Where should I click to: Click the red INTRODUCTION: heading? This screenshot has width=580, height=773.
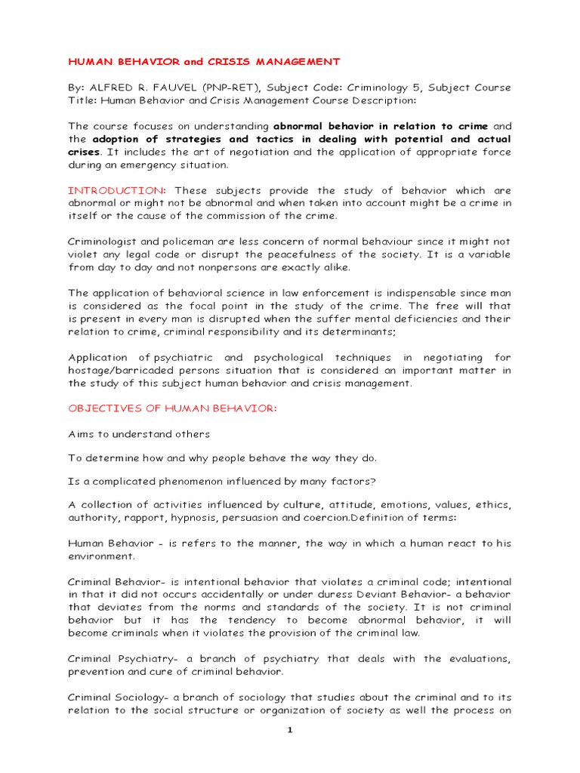pos(116,191)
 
